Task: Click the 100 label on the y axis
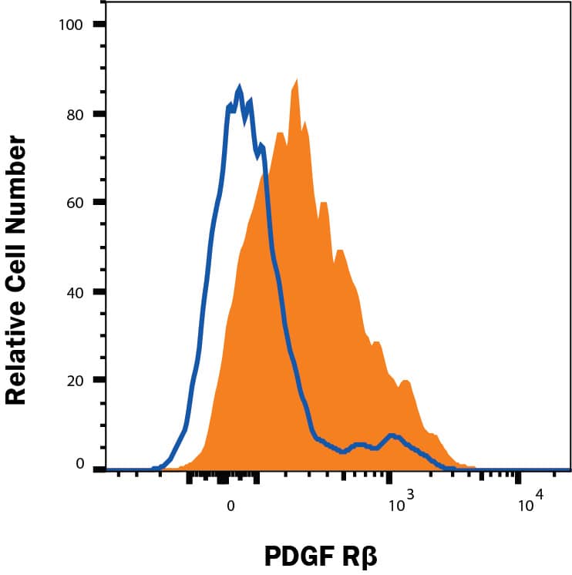71,25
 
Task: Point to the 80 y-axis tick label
75,113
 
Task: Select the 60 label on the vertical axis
75,203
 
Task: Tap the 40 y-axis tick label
75,291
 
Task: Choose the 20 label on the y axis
75,380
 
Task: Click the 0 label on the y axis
79,464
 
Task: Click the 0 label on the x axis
230,506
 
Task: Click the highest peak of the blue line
240,90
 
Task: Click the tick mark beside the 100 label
99,25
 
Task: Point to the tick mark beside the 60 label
99,203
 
